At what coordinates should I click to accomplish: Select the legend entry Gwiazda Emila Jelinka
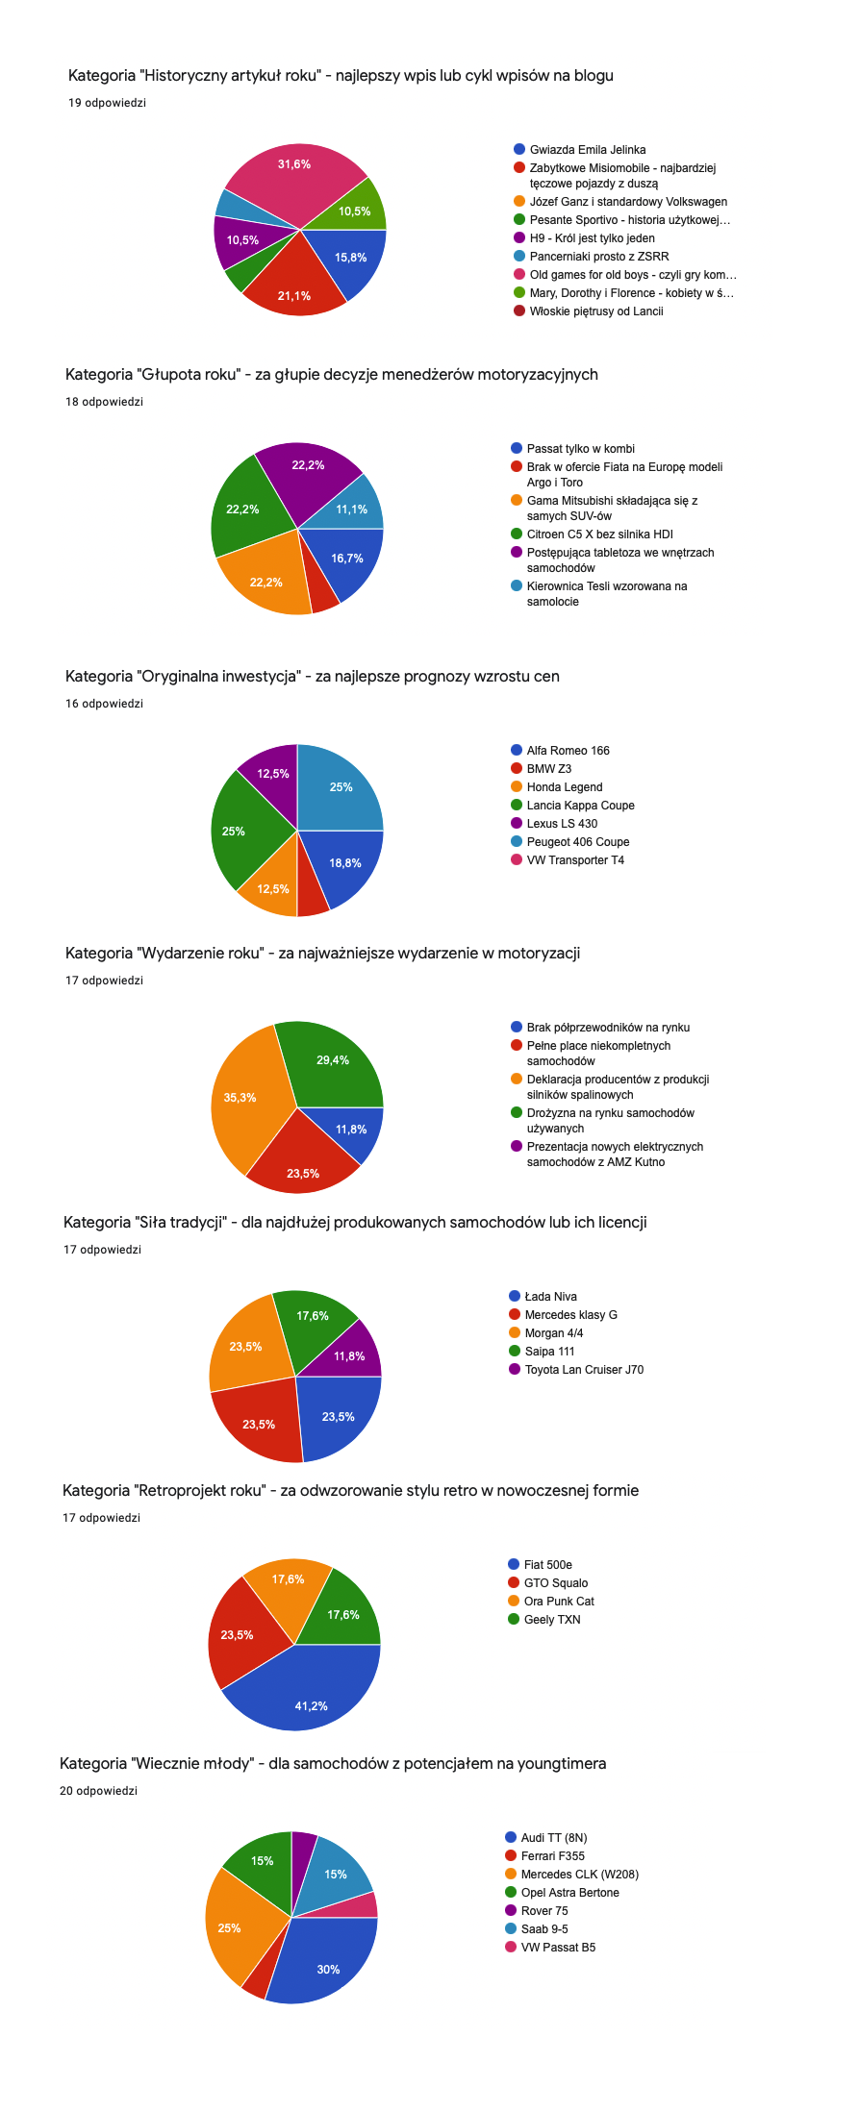[587, 150]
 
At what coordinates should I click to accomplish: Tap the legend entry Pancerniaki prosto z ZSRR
[598, 257]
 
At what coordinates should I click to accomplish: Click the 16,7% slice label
[347, 559]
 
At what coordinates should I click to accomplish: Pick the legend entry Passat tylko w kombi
[580, 449]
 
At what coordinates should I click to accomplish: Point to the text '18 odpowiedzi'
[104, 402]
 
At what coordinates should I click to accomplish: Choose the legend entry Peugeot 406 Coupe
[577, 842]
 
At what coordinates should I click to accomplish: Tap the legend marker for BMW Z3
[517, 769]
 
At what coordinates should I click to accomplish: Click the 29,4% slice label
[333, 1060]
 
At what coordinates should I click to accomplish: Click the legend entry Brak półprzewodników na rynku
[607, 1028]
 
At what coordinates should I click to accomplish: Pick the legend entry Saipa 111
[549, 1352]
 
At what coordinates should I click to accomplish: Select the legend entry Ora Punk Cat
[558, 1602]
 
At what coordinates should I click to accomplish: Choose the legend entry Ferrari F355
[552, 1856]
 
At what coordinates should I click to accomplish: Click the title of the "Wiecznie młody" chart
[333, 1763]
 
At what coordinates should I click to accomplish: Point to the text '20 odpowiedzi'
[98, 1791]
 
